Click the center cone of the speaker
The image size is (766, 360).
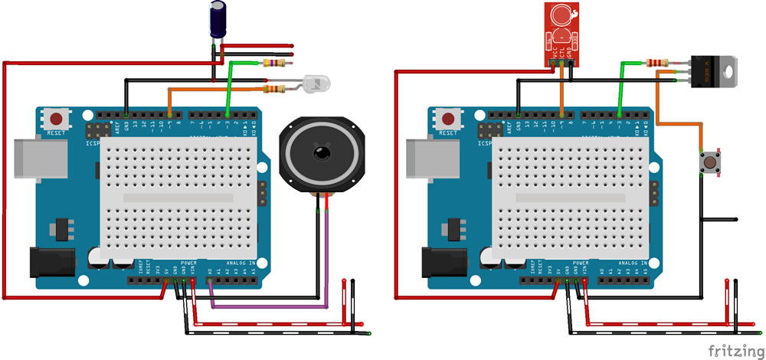(321, 152)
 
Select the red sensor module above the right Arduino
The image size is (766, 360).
(561, 31)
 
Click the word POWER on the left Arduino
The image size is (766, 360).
(188, 262)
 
